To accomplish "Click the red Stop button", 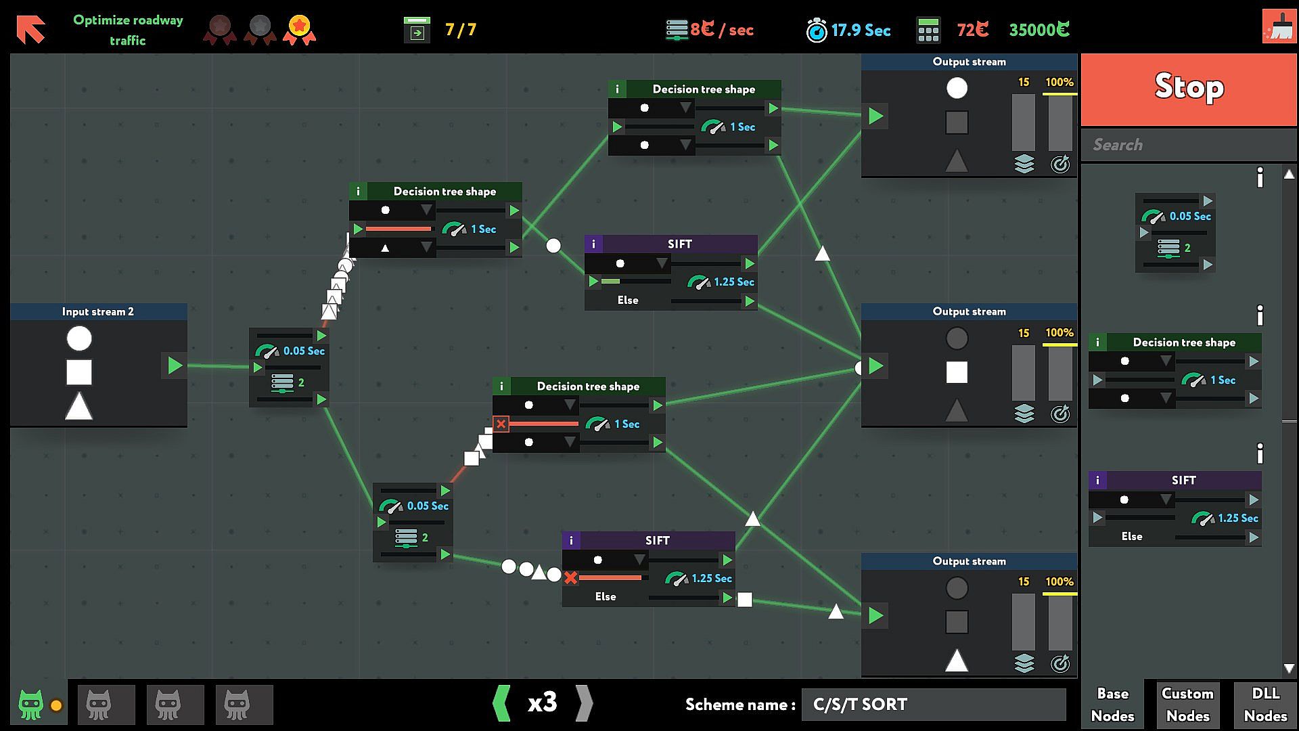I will click(1188, 89).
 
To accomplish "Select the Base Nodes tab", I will click(1112, 704).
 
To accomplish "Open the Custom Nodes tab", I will click(1187, 704).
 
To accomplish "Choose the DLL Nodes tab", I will click(1264, 704).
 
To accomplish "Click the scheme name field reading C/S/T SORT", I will click(934, 705).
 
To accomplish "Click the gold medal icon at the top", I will click(299, 29).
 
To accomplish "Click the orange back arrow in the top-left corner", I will click(30, 29).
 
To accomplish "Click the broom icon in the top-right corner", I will click(1279, 26).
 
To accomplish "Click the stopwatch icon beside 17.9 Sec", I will click(817, 30).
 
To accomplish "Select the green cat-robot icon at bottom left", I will click(31, 705).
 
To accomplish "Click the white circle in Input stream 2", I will click(79, 338).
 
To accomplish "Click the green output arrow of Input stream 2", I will click(175, 365).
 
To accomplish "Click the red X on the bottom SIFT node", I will click(571, 578).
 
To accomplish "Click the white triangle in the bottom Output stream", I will click(956, 660).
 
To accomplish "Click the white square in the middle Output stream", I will click(956, 372).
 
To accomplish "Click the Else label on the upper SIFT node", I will click(627, 301).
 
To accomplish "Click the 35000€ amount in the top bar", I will click(1039, 30).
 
